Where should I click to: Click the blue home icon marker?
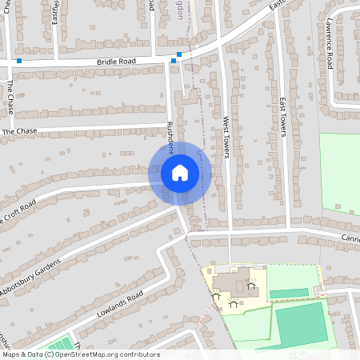tap(180, 172)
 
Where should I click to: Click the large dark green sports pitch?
tap(302, 324)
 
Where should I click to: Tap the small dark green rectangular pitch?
tap(289, 294)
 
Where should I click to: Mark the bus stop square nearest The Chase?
tap(19, 61)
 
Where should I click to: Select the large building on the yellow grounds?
tap(232, 282)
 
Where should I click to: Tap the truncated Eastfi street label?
tap(55, 11)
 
